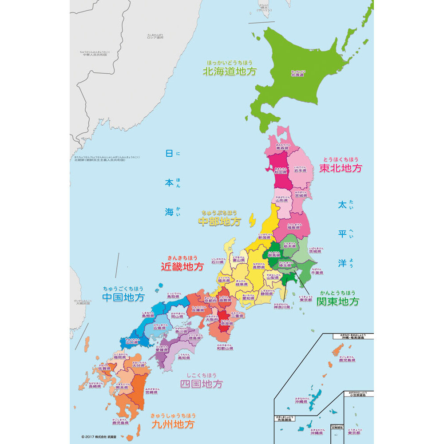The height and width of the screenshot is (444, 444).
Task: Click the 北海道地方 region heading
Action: (x=230, y=71)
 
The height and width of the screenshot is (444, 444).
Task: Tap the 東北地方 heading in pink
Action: (x=341, y=168)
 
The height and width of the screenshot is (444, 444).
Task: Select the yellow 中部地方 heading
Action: (x=219, y=221)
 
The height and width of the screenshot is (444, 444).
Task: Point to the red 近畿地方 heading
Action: (x=182, y=266)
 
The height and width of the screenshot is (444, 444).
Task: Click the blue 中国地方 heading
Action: (x=123, y=297)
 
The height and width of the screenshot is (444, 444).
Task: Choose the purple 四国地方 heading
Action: (x=202, y=384)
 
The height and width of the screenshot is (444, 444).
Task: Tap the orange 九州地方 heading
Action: (x=173, y=424)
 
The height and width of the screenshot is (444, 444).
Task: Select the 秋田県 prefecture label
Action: (x=280, y=171)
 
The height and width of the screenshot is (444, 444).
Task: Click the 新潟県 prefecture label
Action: (x=264, y=238)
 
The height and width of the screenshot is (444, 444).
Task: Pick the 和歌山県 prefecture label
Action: (x=225, y=349)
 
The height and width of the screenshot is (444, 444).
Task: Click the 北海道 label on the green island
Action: (x=297, y=75)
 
